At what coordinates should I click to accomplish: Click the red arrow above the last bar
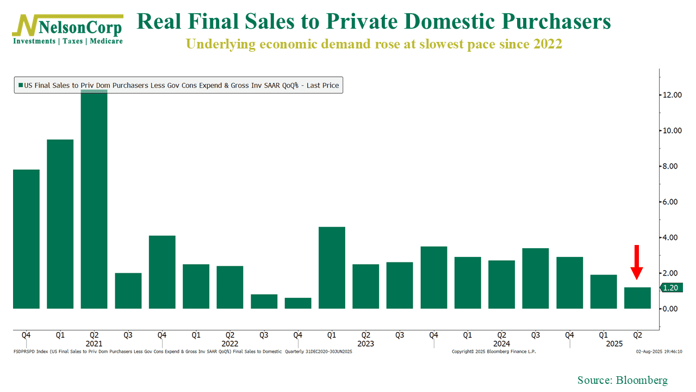[637, 262]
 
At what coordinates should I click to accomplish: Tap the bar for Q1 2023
[332, 267]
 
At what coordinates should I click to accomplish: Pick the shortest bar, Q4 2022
[298, 303]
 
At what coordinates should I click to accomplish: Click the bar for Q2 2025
[637, 298]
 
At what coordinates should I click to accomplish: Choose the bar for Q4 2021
[162, 272]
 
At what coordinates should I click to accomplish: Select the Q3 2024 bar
[536, 278]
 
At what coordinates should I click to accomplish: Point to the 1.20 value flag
[670, 288]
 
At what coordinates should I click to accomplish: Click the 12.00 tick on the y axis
[672, 95]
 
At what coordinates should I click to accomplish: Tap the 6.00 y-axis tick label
[672, 202]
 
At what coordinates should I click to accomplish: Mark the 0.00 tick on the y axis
[672, 309]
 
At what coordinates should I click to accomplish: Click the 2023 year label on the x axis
[366, 344]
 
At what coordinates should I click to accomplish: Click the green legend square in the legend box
[21, 85]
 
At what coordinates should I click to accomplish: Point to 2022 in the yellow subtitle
[547, 44]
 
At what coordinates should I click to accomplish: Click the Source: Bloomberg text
[623, 380]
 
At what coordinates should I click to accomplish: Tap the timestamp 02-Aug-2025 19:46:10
[660, 352]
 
